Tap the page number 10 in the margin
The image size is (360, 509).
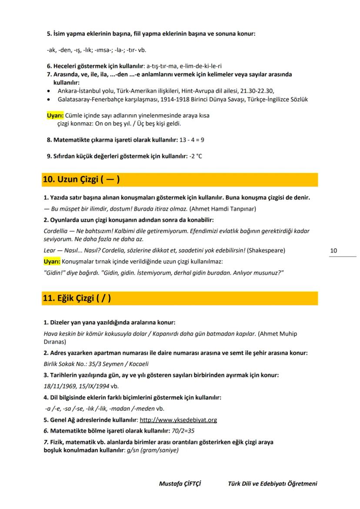[334, 251]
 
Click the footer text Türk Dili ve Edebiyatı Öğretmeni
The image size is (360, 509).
[273, 484]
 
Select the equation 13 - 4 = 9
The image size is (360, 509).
[192, 140]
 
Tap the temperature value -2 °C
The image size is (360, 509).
[196, 156]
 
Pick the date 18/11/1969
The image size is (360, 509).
[59, 386]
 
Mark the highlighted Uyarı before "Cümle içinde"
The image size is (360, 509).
[55, 116]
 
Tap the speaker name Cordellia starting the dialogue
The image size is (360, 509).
[56, 231]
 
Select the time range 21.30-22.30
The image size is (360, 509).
[257, 90]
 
